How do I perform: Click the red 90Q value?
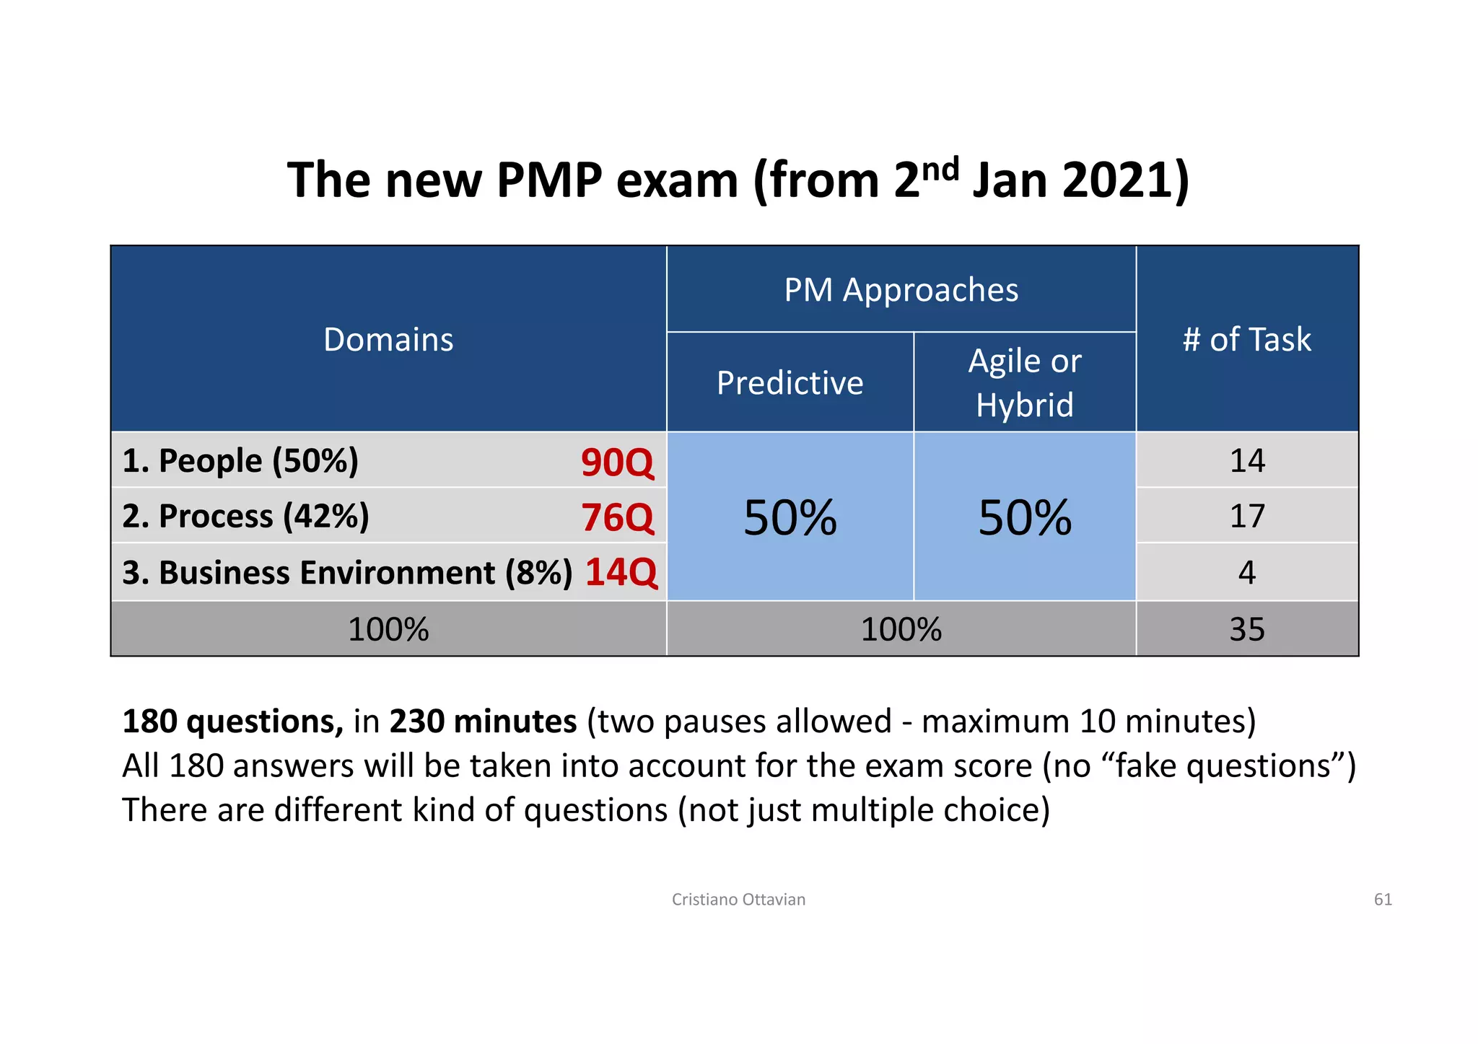[x=617, y=462]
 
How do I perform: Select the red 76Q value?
[x=617, y=517]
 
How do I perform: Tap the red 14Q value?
[x=621, y=572]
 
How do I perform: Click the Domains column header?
[x=388, y=339]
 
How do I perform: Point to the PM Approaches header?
[x=901, y=290]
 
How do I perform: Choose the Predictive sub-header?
[x=790, y=382]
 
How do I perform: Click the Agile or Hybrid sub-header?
[x=1024, y=382]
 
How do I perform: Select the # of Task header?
[x=1246, y=339]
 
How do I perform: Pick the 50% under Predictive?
[x=790, y=517]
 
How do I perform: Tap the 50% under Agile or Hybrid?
[x=1024, y=517]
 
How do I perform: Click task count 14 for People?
[x=1246, y=461]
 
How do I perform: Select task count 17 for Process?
[x=1246, y=517]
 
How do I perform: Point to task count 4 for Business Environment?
[x=1246, y=572]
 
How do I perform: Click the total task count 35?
[x=1246, y=629]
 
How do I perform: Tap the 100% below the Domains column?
[x=388, y=629]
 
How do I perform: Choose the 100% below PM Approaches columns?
[x=901, y=629]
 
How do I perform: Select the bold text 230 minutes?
[x=483, y=721]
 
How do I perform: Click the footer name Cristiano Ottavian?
[x=738, y=899]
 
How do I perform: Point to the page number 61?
[x=1382, y=899]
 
